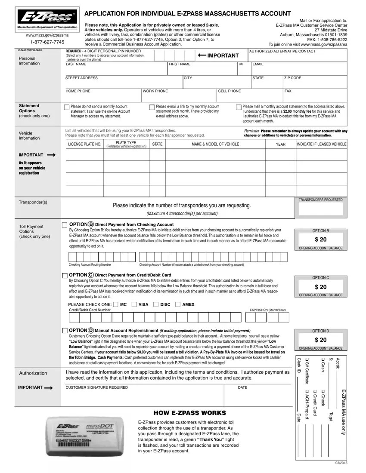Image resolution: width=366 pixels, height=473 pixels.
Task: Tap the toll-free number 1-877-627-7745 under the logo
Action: [x=47, y=42]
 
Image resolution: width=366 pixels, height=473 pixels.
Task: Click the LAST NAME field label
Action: [x=76, y=64]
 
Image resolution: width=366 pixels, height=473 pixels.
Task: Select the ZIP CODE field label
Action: [x=293, y=78]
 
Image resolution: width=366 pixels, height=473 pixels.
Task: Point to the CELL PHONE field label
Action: [x=230, y=91]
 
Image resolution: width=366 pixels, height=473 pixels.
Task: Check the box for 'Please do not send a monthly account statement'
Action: [x=66, y=107]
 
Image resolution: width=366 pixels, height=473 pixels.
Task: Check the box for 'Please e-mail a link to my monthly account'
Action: [x=152, y=107]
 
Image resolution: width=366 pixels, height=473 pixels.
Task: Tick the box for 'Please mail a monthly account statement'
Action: [x=239, y=107]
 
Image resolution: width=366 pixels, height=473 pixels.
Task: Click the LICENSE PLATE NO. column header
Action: [x=85, y=144]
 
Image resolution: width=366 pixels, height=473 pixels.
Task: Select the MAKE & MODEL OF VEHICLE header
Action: [x=215, y=144]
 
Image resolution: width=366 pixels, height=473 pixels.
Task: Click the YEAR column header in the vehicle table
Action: [x=281, y=144]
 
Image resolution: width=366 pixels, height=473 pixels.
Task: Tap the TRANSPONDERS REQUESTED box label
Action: [x=321, y=200]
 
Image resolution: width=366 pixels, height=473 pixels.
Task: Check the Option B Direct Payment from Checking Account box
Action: [x=65, y=225]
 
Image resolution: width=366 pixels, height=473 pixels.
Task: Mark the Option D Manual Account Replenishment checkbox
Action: [x=65, y=330]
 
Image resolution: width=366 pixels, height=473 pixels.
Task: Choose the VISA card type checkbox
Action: [x=134, y=304]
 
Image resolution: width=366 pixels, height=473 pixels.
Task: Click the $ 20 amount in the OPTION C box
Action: [x=321, y=287]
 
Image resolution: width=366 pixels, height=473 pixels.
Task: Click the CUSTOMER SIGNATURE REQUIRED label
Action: [x=96, y=387]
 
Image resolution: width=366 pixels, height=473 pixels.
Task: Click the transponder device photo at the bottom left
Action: [x=88, y=437]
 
